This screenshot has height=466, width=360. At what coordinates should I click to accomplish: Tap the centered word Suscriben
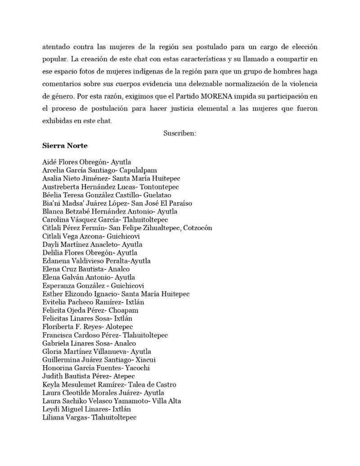click(x=180, y=134)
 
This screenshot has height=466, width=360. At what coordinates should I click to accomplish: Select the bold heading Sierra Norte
click(x=65, y=146)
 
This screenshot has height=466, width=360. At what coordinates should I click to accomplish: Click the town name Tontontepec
click(x=159, y=187)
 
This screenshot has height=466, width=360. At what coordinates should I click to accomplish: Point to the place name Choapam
click(x=123, y=310)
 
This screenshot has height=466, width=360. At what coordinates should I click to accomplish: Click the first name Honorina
click(x=57, y=368)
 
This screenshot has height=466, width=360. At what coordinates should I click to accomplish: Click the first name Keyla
click(x=51, y=385)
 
